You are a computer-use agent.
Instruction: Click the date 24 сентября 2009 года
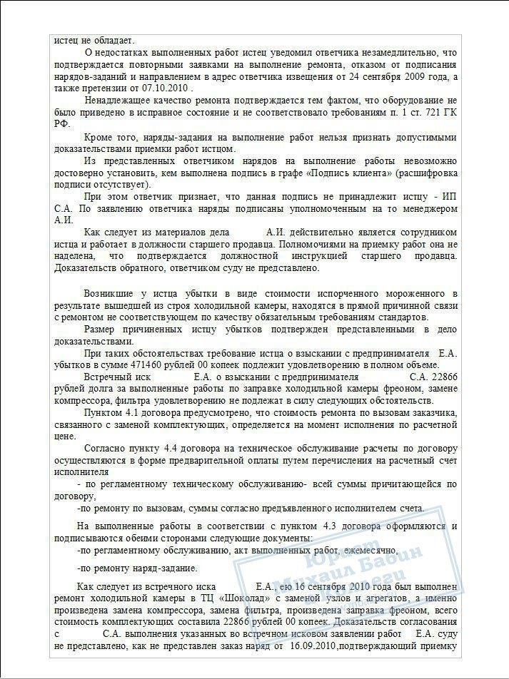coord(403,77)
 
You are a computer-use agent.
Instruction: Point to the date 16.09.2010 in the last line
coord(313,647)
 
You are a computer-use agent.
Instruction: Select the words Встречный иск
coord(117,376)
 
